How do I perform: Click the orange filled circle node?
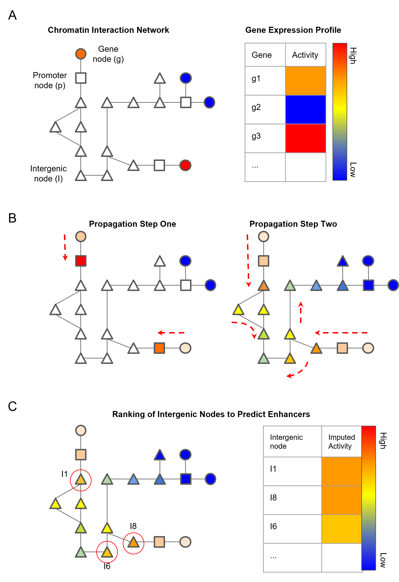[x=81, y=54]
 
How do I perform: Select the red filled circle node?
[x=185, y=165]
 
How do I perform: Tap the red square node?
[x=81, y=261]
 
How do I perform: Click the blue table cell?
[x=305, y=109]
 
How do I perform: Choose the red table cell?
[x=305, y=138]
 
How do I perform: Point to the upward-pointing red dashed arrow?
[x=301, y=312]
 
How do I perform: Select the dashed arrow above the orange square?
[x=171, y=333]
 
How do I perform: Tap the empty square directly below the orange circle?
[x=81, y=78]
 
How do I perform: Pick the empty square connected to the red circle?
[x=159, y=165]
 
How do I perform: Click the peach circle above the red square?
[x=81, y=236]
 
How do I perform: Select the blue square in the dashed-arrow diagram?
[x=368, y=285]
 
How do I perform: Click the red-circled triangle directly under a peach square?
[x=81, y=480]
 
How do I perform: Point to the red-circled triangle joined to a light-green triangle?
[x=107, y=552]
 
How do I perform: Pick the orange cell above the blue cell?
[x=305, y=81]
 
